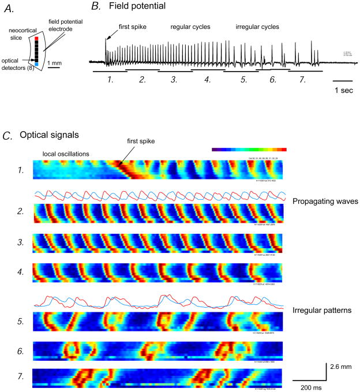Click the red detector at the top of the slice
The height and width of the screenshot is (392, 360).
(36, 39)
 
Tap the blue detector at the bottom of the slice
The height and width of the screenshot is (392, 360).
(36, 80)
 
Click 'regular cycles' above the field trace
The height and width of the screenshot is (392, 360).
(189, 27)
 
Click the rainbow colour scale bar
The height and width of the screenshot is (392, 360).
(249, 149)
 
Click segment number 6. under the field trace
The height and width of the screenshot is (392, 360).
(273, 80)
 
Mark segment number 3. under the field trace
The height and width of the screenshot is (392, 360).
(173, 80)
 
